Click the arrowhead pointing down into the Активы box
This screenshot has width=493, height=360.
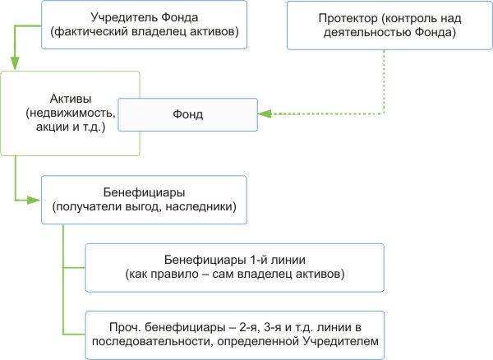click(14, 66)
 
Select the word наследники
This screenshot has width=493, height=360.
click(204, 207)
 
